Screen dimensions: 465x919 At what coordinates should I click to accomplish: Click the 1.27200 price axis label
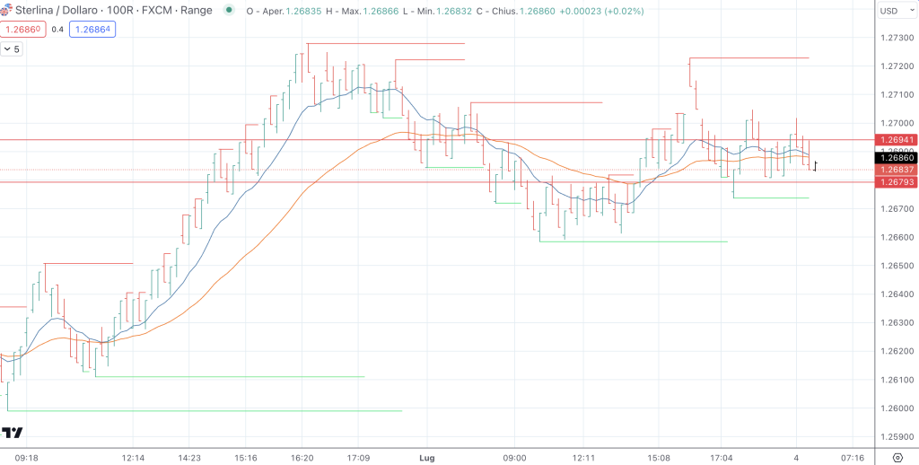pyautogui.click(x=897, y=66)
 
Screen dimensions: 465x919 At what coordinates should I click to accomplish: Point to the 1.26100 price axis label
pyautogui.click(x=897, y=380)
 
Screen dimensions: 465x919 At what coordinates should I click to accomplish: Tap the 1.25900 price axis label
pyautogui.click(x=897, y=437)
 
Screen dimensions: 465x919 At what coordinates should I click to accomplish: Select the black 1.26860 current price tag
pyautogui.click(x=897, y=157)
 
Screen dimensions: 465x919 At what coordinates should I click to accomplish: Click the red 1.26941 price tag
pyautogui.click(x=897, y=140)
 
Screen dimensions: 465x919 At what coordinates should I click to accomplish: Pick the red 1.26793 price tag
pyautogui.click(x=897, y=182)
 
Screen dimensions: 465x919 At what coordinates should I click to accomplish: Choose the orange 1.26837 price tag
pyautogui.click(x=897, y=170)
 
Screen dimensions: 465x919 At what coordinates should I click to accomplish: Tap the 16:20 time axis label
pyautogui.click(x=302, y=458)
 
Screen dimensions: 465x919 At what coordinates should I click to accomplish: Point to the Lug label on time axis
pyautogui.click(x=426, y=458)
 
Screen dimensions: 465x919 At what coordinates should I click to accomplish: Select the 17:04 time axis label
pyautogui.click(x=722, y=458)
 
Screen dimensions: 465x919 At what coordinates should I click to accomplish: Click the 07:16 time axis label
pyautogui.click(x=853, y=458)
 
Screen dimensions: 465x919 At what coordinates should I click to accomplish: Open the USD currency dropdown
pyautogui.click(x=894, y=11)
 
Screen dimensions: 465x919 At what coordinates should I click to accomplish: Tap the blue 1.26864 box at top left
pyautogui.click(x=94, y=30)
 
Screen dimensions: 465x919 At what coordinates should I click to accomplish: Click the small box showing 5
pyautogui.click(x=13, y=48)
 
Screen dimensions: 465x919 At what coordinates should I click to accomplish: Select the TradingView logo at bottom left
pyautogui.click(x=12, y=434)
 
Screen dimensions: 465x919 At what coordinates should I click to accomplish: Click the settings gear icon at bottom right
pyautogui.click(x=896, y=458)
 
